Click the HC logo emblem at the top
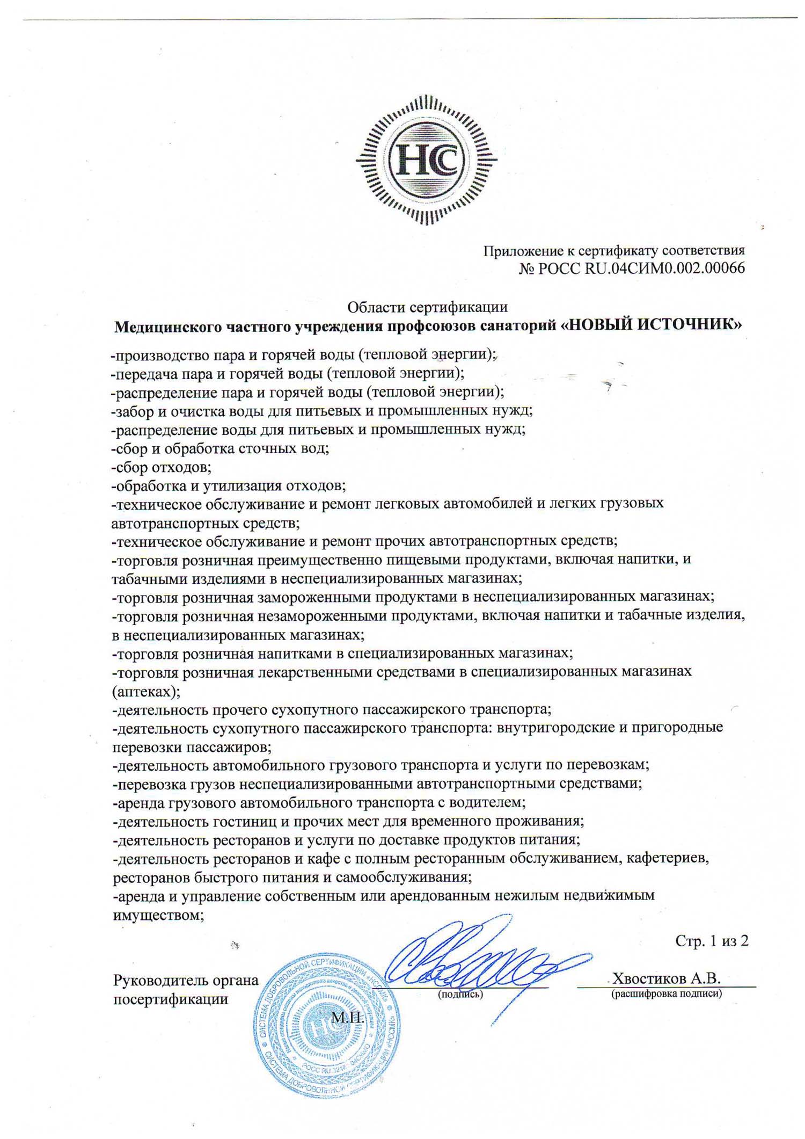tap(427, 159)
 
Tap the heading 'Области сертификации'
tap(427, 307)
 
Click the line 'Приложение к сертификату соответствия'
tap(614, 250)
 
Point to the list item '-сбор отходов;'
tap(162, 467)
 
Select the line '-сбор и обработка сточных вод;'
tap(220, 448)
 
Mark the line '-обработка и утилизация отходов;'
tap(229, 485)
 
